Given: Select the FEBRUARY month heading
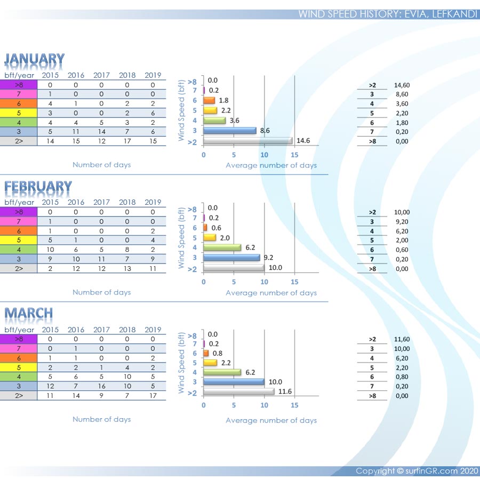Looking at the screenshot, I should [38, 187].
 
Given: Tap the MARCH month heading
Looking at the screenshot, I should [29, 314].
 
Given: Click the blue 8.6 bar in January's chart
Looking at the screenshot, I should [230, 131].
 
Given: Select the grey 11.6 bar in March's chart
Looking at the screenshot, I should [239, 391].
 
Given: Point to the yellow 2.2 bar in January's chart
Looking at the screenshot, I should [210, 110].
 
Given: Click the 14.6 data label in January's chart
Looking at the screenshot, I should [303, 141].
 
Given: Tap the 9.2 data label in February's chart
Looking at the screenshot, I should [270, 258].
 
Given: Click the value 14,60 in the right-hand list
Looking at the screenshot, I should [402, 85].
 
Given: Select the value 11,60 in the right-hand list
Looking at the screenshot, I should [402, 339].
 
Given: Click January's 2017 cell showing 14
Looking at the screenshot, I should [101, 132].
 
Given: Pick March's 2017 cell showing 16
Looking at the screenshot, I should [101, 386].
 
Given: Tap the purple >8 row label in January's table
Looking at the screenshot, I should [19, 85].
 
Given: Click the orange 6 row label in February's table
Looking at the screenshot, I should [19, 231].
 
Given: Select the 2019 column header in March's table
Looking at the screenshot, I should [153, 330].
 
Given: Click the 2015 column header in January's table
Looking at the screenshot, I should [50, 75].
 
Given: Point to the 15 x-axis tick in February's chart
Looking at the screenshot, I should [294, 281].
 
